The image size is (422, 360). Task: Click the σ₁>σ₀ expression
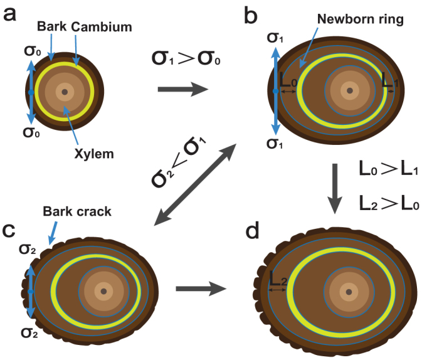pos(183,59)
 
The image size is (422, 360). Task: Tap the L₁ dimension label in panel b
pos(389,82)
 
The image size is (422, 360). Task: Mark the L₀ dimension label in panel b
pos(288,82)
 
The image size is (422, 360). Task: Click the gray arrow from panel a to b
pos(182,90)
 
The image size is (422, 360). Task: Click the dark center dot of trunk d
pos(349,292)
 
